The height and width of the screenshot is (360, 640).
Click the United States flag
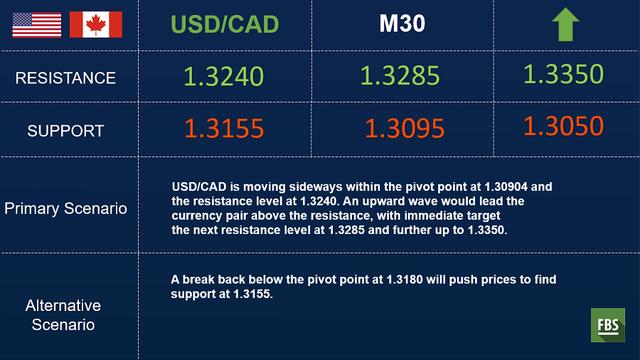[37, 25]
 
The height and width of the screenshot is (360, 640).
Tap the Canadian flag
[96, 24]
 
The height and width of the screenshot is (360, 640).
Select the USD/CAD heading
[225, 24]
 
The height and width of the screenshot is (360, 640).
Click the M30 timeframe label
[402, 23]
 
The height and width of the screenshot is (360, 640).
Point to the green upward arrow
[565, 24]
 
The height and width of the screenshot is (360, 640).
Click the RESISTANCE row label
[65, 78]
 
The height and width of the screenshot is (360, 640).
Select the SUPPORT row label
[65, 131]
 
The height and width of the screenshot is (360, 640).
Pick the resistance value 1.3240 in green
[224, 76]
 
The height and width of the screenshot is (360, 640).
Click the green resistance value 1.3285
[400, 75]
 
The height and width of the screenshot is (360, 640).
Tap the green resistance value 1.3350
[563, 74]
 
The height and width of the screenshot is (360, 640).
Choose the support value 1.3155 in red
[224, 129]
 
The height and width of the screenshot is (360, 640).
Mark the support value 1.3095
[405, 129]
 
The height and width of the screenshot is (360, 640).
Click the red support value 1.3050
[563, 126]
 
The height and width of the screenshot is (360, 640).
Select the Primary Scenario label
[65, 209]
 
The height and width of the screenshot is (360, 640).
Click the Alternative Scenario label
[63, 315]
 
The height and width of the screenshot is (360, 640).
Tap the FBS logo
[608, 325]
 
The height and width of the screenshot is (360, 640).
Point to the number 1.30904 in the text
[506, 187]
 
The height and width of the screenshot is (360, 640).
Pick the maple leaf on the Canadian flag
[96, 24]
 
